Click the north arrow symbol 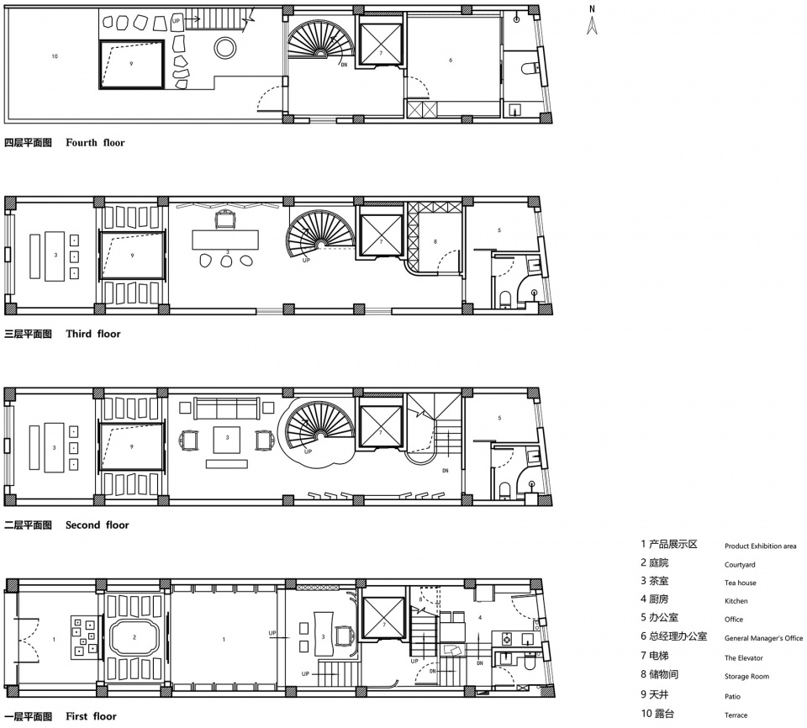pos(592,20)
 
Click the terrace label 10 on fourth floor pos(55,56)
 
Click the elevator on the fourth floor pos(381,44)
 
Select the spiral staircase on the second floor pos(319,426)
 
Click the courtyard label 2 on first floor pos(134,637)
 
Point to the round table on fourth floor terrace pos(225,48)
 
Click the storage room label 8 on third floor pos(435,241)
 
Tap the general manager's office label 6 pos(451,61)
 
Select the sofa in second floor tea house pos(226,409)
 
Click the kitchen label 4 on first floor pos(480,617)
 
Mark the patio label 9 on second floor pos(132,446)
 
